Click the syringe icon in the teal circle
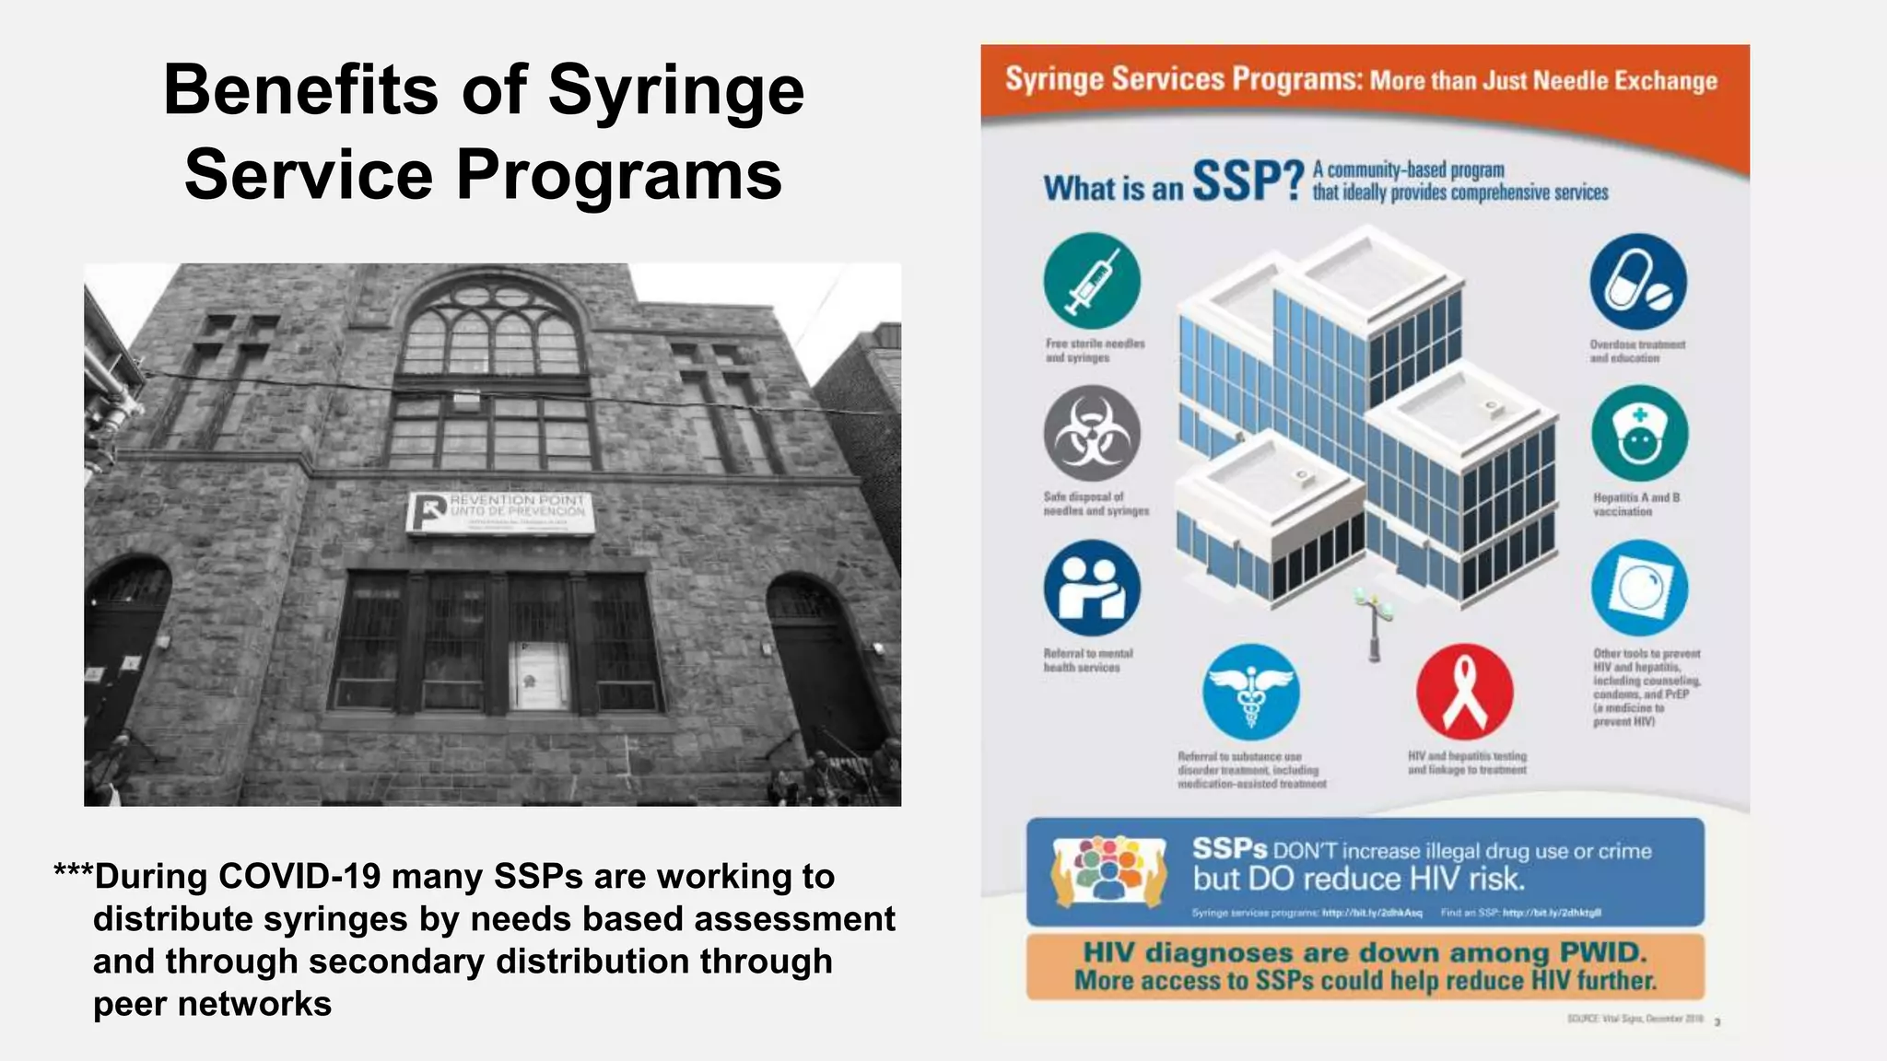pyautogui.click(x=1092, y=281)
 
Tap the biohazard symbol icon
pyautogui.click(x=1092, y=434)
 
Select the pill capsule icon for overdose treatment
pyautogui.click(x=1638, y=281)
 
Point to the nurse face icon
pyautogui.click(x=1639, y=434)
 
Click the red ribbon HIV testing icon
pyautogui.click(x=1464, y=692)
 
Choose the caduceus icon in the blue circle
pyautogui.click(x=1250, y=692)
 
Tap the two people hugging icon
pyautogui.click(x=1092, y=588)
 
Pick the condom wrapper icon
pyautogui.click(x=1639, y=588)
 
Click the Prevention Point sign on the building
pyautogui.click(x=500, y=512)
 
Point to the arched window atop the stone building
pyautogui.click(x=495, y=327)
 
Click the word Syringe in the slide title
pyautogui.click(x=675, y=90)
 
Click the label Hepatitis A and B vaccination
pyautogui.click(x=1636, y=504)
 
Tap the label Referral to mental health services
pyautogui.click(x=1087, y=660)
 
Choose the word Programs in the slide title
pyautogui.click(x=619, y=175)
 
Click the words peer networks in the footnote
pyautogui.click(x=212, y=1003)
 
